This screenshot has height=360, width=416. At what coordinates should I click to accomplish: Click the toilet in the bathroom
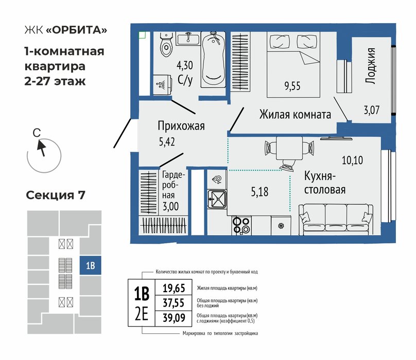click(x=167, y=45)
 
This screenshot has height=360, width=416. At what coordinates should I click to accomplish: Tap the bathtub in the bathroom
click(x=213, y=60)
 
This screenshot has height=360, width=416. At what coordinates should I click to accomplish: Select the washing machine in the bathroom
click(x=162, y=84)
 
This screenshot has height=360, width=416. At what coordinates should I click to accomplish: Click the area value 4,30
click(x=185, y=65)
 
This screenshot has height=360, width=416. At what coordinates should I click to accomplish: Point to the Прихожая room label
click(x=181, y=125)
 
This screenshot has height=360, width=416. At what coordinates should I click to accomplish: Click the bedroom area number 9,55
click(x=292, y=86)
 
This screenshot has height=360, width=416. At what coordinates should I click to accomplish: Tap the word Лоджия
click(x=370, y=66)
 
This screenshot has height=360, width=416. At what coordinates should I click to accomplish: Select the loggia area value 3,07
click(x=371, y=110)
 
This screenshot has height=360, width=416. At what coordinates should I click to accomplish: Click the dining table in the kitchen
click(x=289, y=148)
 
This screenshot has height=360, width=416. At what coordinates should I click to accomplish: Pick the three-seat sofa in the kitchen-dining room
click(x=336, y=219)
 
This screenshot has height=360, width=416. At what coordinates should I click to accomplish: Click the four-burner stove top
click(x=241, y=226)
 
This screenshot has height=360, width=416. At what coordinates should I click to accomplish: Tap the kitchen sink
click(x=217, y=199)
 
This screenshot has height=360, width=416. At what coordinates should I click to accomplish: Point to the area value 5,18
click(x=259, y=192)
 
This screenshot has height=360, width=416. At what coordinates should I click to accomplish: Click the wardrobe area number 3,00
click(x=170, y=206)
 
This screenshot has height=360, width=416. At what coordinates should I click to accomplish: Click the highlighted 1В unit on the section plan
click(x=91, y=265)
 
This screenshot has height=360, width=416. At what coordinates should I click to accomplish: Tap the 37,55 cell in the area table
click(x=174, y=303)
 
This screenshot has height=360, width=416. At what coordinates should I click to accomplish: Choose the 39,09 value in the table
click(x=174, y=318)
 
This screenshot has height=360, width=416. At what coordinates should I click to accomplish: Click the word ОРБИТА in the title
click(x=76, y=30)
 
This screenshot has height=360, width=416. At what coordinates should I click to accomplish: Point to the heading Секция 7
click(x=56, y=195)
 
